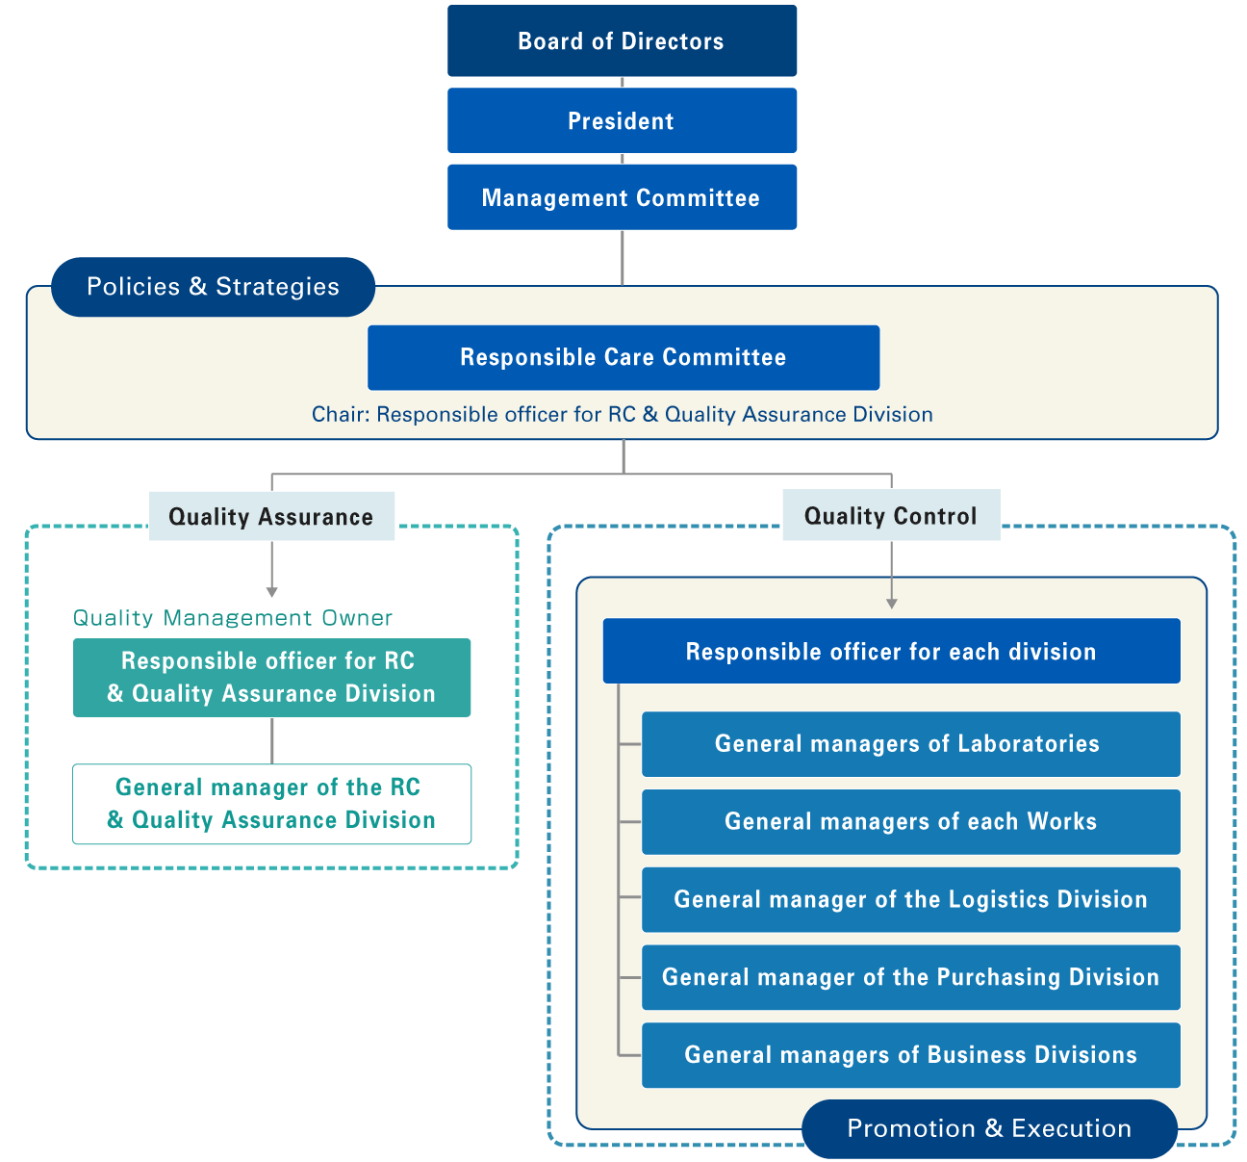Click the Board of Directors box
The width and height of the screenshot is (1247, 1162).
(622, 40)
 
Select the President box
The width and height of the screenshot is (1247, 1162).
(622, 120)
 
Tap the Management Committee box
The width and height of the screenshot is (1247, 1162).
(622, 197)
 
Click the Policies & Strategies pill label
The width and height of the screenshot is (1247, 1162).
(213, 287)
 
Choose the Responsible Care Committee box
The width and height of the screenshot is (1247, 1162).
(623, 357)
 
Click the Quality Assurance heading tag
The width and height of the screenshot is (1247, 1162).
(271, 516)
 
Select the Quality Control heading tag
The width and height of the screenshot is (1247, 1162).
(891, 515)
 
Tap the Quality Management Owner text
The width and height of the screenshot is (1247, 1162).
(233, 618)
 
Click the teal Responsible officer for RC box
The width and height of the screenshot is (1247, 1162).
(271, 678)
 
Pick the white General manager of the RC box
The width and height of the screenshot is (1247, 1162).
(271, 804)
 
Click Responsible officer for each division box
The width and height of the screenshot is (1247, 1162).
(891, 652)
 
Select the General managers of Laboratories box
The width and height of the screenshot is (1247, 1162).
(910, 743)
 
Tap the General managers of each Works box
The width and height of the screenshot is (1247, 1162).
(910, 821)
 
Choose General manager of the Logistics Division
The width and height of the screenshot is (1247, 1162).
(910, 899)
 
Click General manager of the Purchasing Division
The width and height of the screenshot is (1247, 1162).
(910, 977)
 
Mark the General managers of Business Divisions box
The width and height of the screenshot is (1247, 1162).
(910, 1055)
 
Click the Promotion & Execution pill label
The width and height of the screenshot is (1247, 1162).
(989, 1128)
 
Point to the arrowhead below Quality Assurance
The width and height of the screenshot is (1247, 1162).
(272, 591)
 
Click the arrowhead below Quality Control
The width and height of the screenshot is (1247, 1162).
(892, 603)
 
